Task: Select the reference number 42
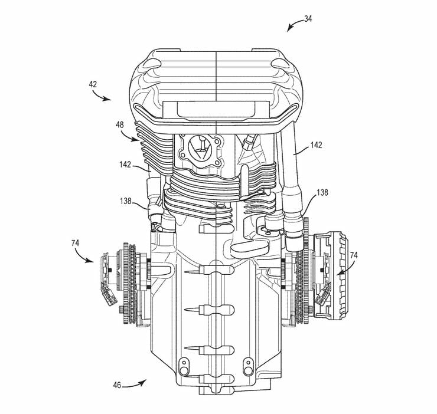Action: click(93, 84)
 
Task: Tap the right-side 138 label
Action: click(322, 192)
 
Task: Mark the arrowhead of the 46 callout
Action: click(143, 382)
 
